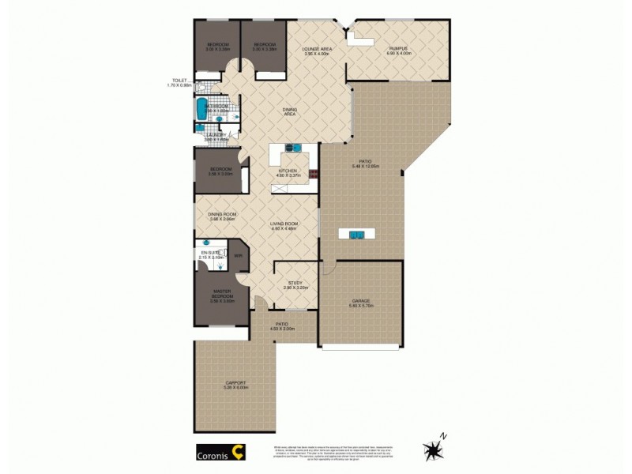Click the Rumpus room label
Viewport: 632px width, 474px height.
(x=397, y=49)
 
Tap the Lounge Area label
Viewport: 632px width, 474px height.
(x=316, y=49)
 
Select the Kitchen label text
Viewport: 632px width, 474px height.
(x=286, y=171)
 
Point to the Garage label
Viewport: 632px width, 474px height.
(x=362, y=300)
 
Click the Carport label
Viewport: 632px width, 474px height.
(x=236, y=383)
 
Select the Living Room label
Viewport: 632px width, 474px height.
(x=284, y=224)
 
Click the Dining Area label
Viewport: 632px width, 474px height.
(x=290, y=112)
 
